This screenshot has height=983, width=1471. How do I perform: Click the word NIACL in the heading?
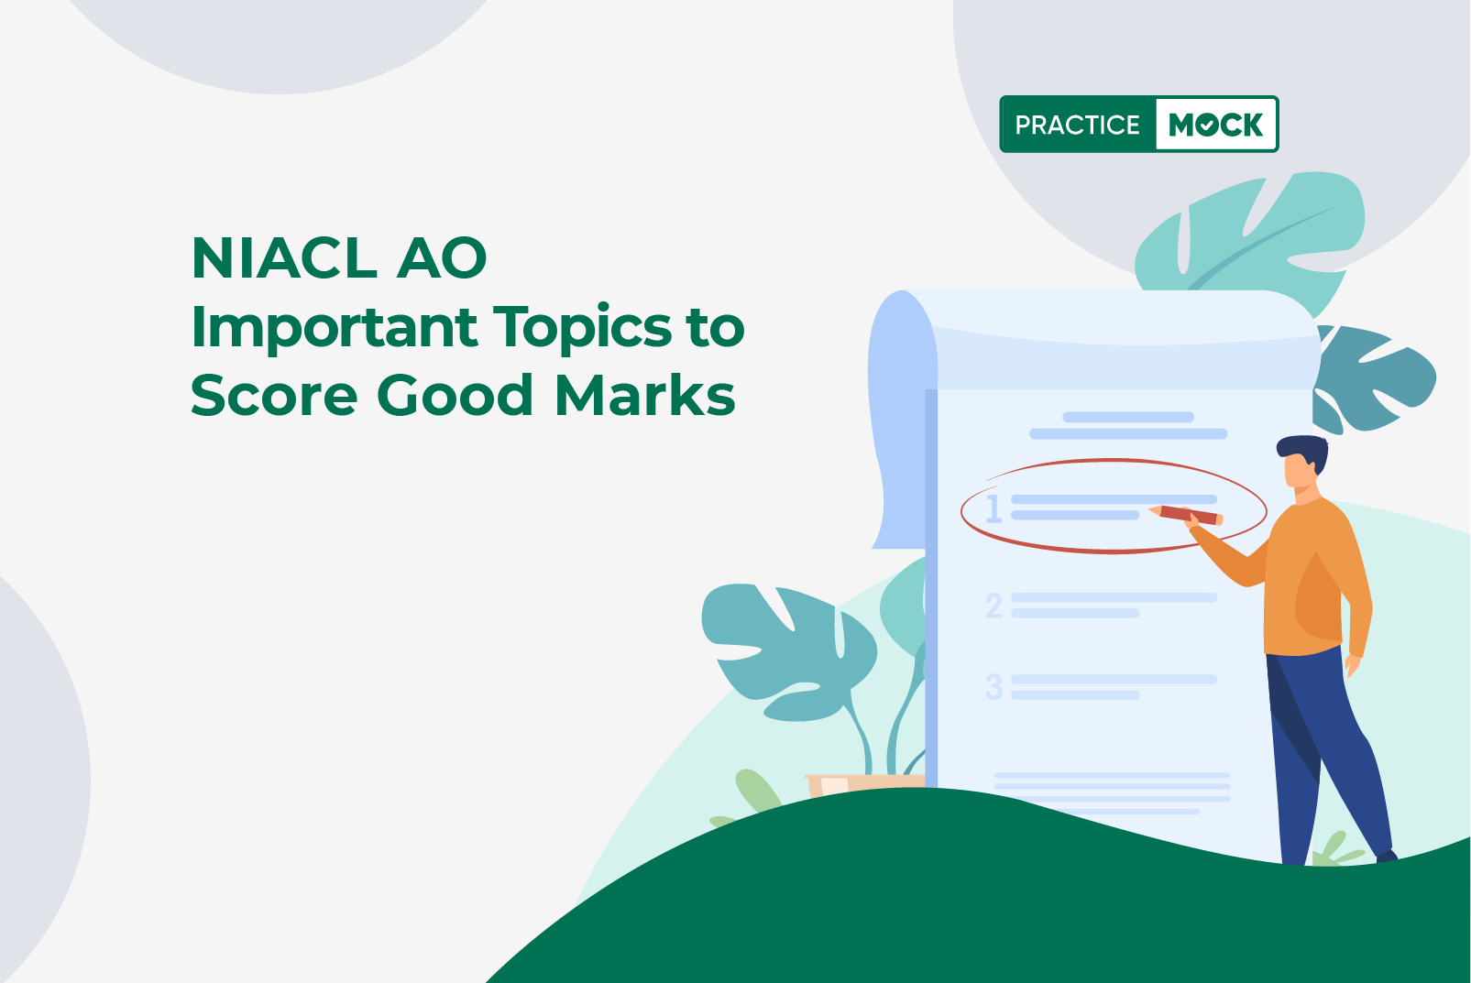point(284,258)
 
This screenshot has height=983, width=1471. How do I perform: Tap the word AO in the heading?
point(442,258)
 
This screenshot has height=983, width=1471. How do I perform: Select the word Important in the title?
point(335,328)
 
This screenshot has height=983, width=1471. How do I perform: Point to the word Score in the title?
point(274,395)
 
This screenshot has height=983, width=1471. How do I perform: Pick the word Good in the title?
point(455,395)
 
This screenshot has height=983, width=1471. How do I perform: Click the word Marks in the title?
point(645,394)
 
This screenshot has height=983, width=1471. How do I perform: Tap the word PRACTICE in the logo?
point(1077,125)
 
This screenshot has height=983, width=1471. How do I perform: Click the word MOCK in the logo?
point(1215,125)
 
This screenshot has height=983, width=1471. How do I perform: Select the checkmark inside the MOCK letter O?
point(1206,125)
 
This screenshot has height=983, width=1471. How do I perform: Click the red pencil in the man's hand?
point(1185,515)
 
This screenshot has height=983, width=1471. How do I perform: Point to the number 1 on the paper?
point(994,508)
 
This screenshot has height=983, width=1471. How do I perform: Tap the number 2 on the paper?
point(994,605)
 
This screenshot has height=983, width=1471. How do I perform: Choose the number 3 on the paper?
point(994,686)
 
